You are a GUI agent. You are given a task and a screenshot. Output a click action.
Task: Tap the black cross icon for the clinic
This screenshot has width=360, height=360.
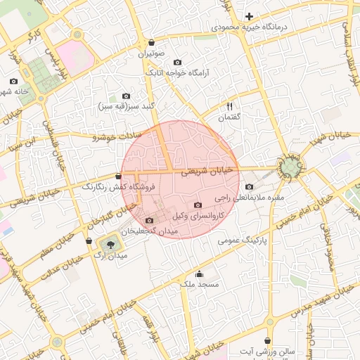pyautogui.click(x=249, y=15)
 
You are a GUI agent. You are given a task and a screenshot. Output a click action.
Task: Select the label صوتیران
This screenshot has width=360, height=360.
pyautogui.click(x=151, y=53)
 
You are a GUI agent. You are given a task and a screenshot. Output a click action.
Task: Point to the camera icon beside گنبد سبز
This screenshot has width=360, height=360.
pyautogui.click(x=126, y=96)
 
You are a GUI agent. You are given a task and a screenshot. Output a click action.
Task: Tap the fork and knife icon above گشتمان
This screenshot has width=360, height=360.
pyautogui.click(x=229, y=106)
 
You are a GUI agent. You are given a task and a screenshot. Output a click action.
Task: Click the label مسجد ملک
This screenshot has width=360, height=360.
pyautogui.click(x=200, y=284)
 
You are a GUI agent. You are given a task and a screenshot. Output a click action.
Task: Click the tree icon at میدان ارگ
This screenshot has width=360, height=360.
pyautogui.click(x=110, y=244)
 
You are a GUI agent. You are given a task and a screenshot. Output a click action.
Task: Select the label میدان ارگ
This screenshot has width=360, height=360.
pyautogui.click(x=110, y=257)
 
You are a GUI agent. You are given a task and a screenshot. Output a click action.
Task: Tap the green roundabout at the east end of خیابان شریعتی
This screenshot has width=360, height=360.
pyautogui.click(x=290, y=167)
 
